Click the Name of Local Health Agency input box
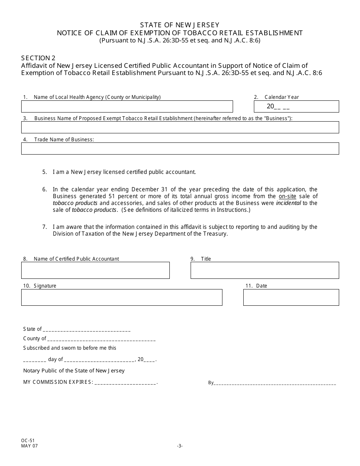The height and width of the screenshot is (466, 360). (127, 106)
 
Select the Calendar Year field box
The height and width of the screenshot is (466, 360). (296, 106)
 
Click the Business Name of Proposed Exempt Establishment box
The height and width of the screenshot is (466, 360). (180, 127)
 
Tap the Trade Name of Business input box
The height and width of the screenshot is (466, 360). (180, 149)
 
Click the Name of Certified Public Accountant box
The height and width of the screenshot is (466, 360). (95, 271)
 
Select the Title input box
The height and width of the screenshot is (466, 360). (265, 271)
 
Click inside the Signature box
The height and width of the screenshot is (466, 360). (122, 297)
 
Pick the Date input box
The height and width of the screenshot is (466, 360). (291, 297)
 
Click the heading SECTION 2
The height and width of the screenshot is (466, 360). (38, 58)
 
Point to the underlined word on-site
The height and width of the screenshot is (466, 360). (287, 196)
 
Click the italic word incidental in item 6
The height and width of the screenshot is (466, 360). (288, 203)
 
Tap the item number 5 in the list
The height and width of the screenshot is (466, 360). (45, 172)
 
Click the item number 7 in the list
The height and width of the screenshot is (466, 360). (45, 227)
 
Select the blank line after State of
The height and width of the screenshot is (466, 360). (87, 330)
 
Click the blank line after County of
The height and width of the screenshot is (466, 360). (101, 339)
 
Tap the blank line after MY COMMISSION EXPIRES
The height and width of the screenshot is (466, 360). (125, 383)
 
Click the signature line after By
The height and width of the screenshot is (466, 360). (275, 383)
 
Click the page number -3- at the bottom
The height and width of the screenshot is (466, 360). (180, 446)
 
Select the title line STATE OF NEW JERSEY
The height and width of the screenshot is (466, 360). (180, 25)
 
